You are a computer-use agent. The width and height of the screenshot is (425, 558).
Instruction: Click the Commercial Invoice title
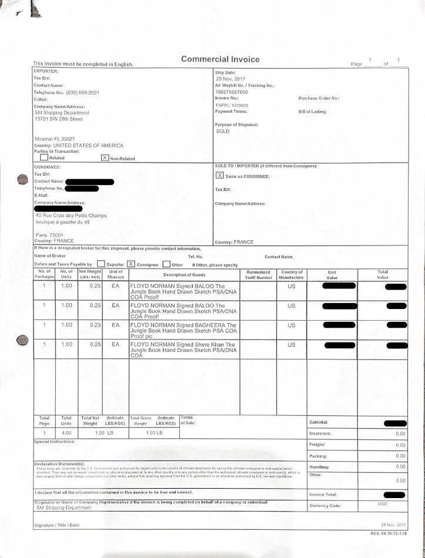(220, 59)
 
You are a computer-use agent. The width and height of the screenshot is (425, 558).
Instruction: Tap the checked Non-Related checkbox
(105, 158)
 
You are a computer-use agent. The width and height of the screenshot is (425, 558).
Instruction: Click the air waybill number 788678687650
(232, 92)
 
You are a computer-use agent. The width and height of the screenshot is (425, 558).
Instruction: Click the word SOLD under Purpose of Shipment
(223, 131)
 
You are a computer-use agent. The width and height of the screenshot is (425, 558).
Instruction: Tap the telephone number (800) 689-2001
(82, 93)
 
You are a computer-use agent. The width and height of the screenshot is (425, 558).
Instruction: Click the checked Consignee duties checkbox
(131, 264)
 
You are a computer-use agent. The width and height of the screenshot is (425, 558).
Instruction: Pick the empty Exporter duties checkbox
(101, 264)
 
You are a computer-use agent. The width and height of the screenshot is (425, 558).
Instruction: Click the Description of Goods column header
(184, 275)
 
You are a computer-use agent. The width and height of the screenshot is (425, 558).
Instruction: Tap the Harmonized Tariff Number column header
(258, 275)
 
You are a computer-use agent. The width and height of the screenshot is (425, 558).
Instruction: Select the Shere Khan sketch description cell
(183, 350)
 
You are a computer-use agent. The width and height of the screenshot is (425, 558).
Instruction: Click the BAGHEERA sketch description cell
(183, 330)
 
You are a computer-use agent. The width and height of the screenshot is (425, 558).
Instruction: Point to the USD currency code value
(383, 503)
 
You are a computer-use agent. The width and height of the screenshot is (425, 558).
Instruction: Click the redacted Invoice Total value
(394, 495)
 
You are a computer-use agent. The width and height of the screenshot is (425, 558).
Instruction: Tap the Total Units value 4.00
(66, 433)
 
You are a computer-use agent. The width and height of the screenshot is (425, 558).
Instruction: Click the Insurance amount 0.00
(400, 433)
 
